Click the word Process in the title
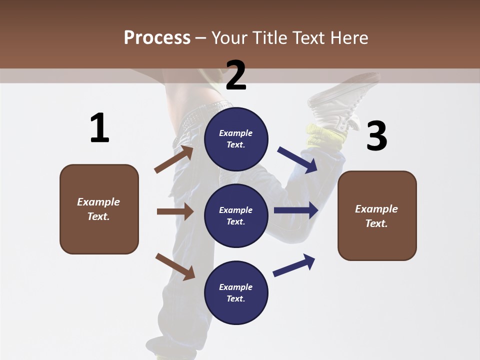157,37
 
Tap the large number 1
99,128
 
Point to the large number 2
236,75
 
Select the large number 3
376,136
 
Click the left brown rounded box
99,209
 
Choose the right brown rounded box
377,215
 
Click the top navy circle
236,139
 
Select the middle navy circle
236,215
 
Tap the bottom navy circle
236,292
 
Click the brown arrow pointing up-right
174,159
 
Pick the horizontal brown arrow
175,211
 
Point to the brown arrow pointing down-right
175,266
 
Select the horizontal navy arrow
296,210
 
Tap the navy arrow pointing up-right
294,265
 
